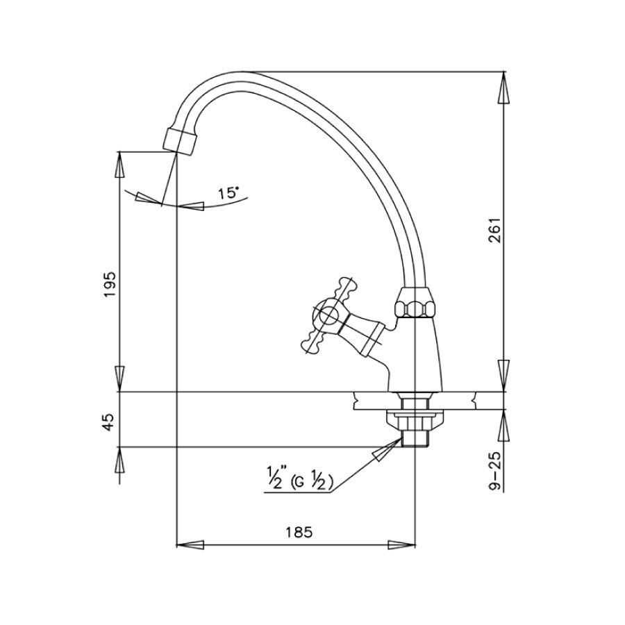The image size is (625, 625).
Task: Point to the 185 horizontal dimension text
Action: [x=297, y=533]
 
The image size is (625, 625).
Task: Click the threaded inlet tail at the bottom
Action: [x=415, y=437]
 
